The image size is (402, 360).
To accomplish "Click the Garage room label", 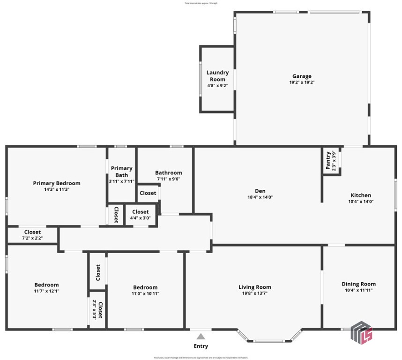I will (x=302, y=76).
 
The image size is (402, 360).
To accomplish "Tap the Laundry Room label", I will (x=217, y=76).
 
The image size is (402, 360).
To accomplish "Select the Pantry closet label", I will (x=328, y=161).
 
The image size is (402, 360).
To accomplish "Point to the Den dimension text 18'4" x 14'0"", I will (x=260, y=197).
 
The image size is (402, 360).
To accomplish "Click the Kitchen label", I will (x=361, y=195).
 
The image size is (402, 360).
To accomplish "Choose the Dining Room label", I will (x=358, y=284).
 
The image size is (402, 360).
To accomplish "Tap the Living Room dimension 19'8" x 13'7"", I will (x=255, y=293).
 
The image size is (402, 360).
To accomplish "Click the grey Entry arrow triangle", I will (x=201, y=336).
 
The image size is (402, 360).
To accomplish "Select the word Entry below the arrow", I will (x=201, y=346).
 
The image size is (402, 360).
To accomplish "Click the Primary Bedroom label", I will (x=56, y=183).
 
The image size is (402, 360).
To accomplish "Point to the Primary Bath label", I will (x=121, y=172).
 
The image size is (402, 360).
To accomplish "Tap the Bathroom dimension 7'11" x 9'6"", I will (x=169, y=179).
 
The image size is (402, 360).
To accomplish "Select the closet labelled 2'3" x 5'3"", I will (x=97, y=310).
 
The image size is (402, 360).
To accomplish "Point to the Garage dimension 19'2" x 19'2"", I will (x=302, y=82).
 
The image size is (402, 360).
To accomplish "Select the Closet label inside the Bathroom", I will (x=148, y=193).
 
